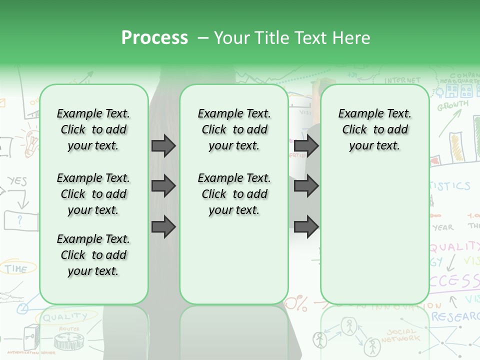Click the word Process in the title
click(x=154, y=38)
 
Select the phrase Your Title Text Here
click(x=292, y=38)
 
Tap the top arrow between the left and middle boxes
click(x=163, y=145)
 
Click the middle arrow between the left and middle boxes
click(x=163, y=186)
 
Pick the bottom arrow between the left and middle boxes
click(x=163, y=227)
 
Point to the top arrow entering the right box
click(x=306, y=145)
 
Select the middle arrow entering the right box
click(x=306, y=186)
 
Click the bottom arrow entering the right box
click(x=306, y=227)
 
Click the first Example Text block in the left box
click(x=93, y=129)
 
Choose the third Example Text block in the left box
click(x=93, y=255)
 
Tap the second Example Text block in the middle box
click(x=234, y=194)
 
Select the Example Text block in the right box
click(x=374, y=129)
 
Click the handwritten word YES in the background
click(x=17, y=181)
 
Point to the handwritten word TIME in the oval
click(x=16, y=268)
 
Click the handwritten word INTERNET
click(x=402, y=80)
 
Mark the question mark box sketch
click(x=21, y=220)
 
